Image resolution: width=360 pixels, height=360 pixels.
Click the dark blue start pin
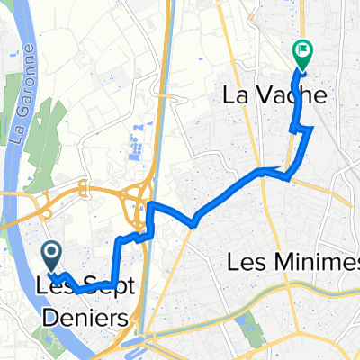pyautogui.click(x=51, y=258)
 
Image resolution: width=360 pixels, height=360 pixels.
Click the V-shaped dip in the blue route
pyautogui.click(x=192, y=221)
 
